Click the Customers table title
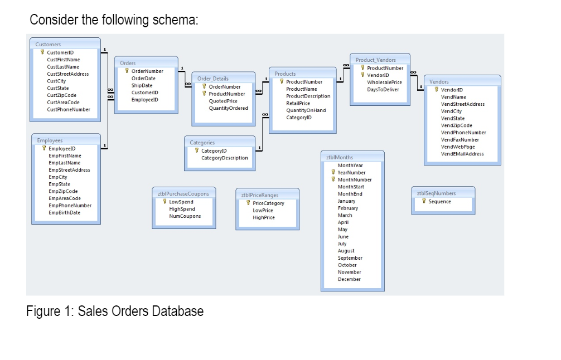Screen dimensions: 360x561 [49, 44]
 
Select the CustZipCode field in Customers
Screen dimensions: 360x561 [62, 95]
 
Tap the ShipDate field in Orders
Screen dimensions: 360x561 [142, 85]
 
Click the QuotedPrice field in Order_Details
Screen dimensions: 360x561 [223, 101]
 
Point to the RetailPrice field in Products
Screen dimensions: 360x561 [298, 103]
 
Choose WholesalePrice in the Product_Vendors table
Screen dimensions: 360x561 [384, 82]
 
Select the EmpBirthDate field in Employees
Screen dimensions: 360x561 [65, 212]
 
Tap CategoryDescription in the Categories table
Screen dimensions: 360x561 [225, 158]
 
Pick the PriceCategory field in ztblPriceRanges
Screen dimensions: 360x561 [268, 203]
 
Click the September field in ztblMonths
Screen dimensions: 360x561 [350, 258]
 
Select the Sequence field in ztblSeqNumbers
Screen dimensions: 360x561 [439, 201]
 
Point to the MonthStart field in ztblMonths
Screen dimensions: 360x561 [351, 187]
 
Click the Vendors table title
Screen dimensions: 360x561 [439, 82]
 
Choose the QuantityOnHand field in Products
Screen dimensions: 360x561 [306, 110]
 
